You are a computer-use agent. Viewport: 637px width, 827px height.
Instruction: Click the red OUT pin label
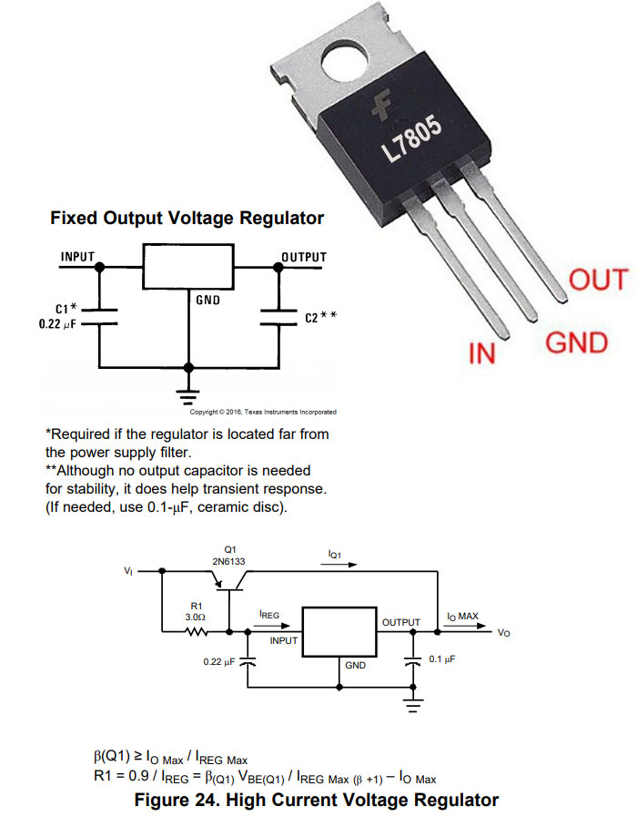tap(598, 280)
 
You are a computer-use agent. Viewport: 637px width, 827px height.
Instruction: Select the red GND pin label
tap(576, 343)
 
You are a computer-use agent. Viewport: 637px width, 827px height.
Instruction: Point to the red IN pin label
tap(481, 353)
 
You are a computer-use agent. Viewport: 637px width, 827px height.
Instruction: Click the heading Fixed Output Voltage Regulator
tap(187, 219)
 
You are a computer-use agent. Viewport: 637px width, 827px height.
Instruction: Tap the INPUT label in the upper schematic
tap(77, 257)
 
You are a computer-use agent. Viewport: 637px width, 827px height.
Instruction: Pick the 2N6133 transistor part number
tap(229, 563)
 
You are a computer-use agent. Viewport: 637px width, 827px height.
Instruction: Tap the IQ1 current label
tap(339, 553)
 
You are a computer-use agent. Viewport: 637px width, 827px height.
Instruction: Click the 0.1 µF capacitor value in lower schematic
tap(442, 659)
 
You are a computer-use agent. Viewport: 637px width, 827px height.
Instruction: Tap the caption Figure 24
tap(316, 801)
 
